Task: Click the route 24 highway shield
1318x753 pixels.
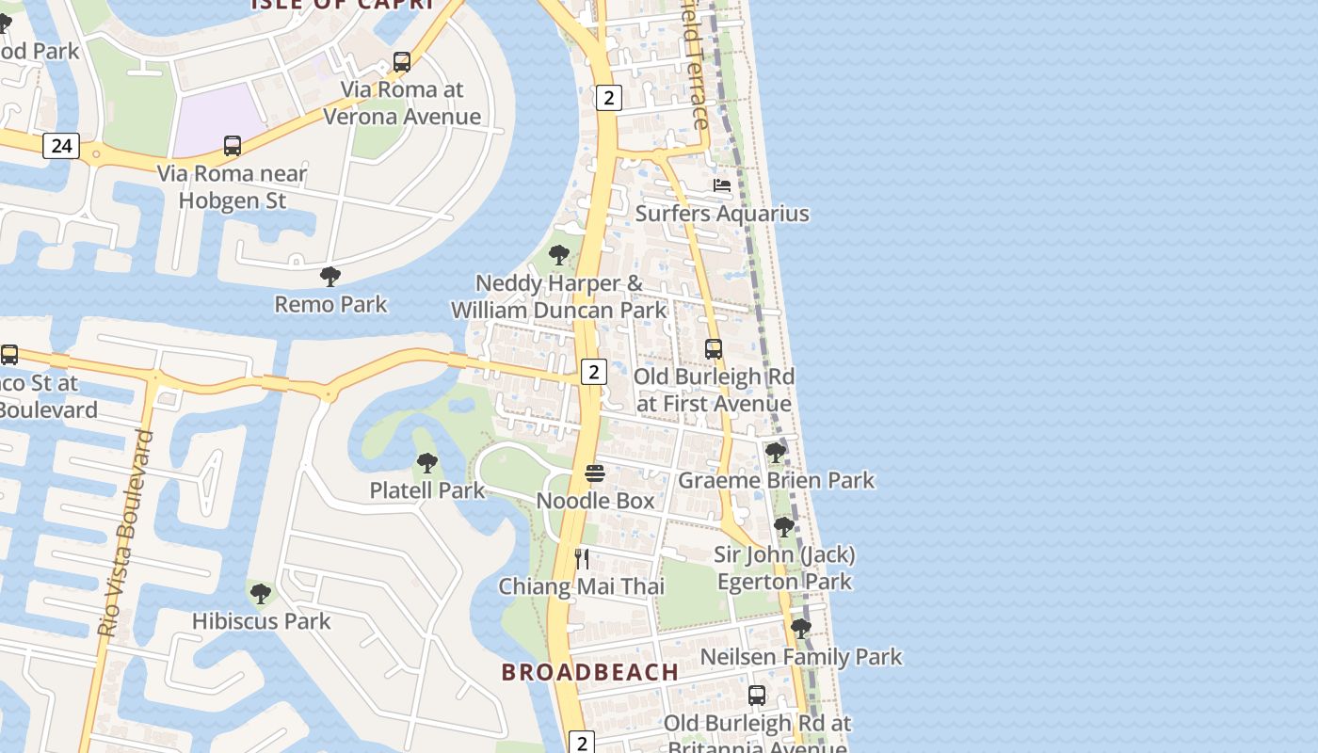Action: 61,146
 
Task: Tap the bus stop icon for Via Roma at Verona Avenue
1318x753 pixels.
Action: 402,62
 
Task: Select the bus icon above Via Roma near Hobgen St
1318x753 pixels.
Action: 233,146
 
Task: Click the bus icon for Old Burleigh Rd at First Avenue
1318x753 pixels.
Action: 714,349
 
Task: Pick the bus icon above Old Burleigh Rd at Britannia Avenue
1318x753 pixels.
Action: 757,696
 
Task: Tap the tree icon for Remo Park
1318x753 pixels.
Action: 329,277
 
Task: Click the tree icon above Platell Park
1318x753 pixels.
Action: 426,463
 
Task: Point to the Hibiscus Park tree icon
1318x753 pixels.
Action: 261,594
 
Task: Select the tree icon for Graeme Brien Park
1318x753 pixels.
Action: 776,453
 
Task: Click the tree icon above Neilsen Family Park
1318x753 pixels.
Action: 801,628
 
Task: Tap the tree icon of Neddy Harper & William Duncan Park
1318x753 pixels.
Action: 559,254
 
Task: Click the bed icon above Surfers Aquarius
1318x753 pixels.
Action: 722,185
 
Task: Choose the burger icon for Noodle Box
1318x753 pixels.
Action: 595,473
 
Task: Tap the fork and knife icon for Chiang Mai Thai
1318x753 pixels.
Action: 582,559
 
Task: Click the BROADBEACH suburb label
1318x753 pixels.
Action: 590,672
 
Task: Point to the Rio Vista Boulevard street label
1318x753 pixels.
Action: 126,534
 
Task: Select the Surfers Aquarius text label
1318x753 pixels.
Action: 722,214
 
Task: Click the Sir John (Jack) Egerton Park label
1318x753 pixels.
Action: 784,568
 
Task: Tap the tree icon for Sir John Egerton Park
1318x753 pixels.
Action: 784,527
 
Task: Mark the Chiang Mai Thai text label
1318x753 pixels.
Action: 582,586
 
